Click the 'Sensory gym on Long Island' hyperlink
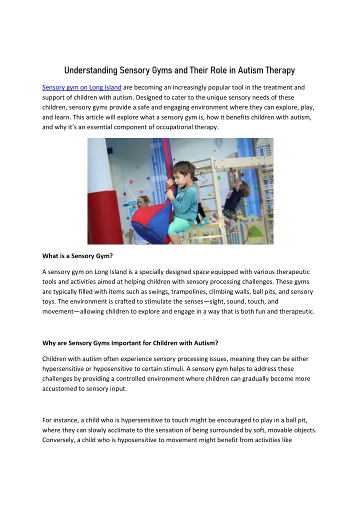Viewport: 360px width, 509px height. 82,87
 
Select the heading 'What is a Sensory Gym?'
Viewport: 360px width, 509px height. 77,256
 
